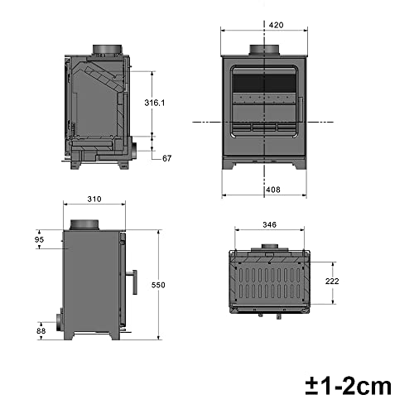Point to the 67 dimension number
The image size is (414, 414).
pyautogui.click(x=166, y=157)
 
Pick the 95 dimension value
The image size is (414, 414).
pyautogui.click(x=40, y=240)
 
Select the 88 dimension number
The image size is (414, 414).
pyautogui.click(x=41, y=331)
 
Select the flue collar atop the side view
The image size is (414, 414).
pyautogui.click(x=84, y=225)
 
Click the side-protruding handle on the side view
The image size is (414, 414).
pyautogui.click(x=132, y=276)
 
